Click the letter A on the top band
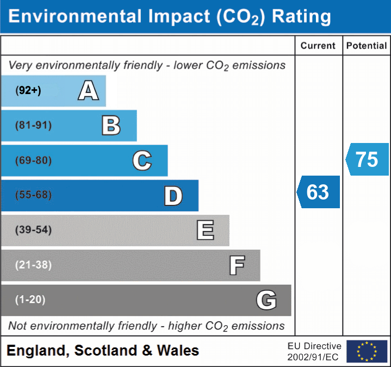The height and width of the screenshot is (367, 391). (x=89, y=91)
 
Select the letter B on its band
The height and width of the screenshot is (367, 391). (x=111, y=126)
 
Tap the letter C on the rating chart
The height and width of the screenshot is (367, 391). (x=142, y=160)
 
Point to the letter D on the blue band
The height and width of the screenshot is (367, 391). (x=173, y=196)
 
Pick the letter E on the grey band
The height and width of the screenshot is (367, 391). (x=205, y=231)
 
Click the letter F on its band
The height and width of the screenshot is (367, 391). (x=237, y=265)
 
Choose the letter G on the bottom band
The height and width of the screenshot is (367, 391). (x=266, y=300)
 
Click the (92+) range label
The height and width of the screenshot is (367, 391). (x=28, y=91)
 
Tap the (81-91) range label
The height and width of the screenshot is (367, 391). (x=34, y=126)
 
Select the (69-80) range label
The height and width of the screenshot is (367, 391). (x=34, y=160)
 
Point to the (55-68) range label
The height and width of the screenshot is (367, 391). (x=34, y=195)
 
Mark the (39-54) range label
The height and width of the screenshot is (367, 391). (x=34, y=230)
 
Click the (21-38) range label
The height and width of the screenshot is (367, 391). (x=34, y=265)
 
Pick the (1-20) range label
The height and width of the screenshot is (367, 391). (x=30, y=300)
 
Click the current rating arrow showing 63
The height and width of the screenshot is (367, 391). (x=319, y=192)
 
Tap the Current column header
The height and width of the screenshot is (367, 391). (x=318, y=46)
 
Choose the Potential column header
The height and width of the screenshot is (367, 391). (x=367, y=46)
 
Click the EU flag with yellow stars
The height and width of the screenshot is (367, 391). (x=367, y=351)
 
